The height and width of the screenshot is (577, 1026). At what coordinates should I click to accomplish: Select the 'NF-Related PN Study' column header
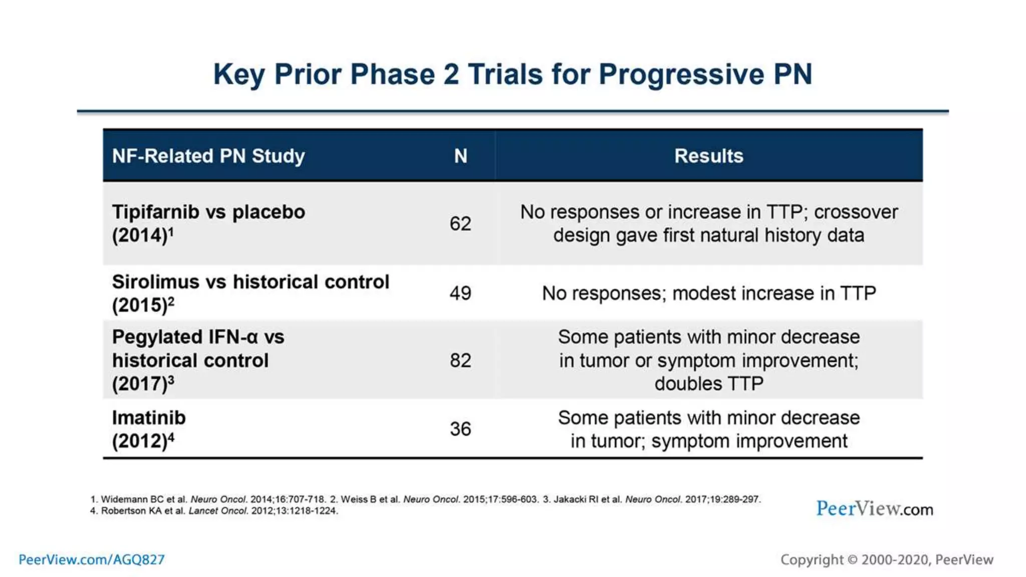(208, 156)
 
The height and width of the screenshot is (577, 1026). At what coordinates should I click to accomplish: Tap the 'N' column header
(460, 156)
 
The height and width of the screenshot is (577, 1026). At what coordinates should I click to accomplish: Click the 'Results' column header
(708, 156)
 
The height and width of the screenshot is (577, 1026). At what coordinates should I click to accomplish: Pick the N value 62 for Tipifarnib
(460, 223)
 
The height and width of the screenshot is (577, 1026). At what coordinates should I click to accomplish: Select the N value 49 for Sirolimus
(460, 293)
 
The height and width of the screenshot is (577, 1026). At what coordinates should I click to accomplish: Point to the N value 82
(460, 360)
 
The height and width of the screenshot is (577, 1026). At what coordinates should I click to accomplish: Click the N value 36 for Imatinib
(460, 429)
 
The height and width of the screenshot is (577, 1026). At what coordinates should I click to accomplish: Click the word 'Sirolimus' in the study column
(155, 282)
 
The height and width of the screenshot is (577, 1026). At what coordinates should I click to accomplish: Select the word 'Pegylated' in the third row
(156, 337)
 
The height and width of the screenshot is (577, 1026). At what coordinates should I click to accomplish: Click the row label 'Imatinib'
(149, 418)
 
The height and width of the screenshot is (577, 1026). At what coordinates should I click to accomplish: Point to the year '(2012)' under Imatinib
(140, 441)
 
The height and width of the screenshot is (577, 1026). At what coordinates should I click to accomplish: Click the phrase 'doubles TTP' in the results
(708, 384)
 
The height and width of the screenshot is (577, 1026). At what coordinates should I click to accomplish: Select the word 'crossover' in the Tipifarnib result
(856, 212)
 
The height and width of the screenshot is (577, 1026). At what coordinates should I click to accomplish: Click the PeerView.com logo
(874, 509)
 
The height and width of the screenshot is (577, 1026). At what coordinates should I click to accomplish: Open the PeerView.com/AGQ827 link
(92, 559)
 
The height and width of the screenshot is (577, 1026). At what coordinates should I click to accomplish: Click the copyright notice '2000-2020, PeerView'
(927, 559)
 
